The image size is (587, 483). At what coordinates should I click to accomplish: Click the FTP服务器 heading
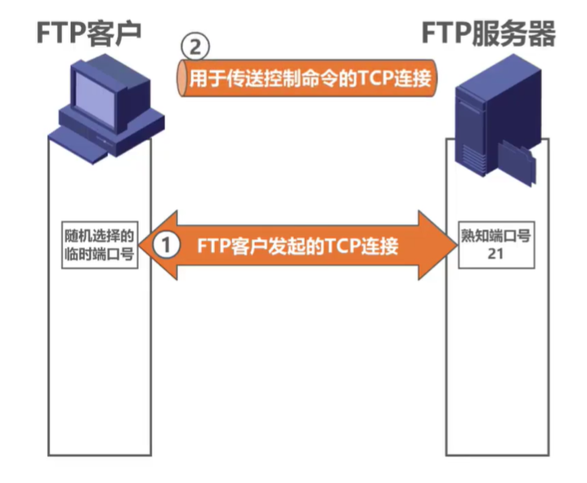click(489, 33)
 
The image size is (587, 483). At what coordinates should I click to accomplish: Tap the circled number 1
click(167, 245)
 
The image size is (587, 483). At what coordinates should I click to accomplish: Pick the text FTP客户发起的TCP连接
click(296, 245)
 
